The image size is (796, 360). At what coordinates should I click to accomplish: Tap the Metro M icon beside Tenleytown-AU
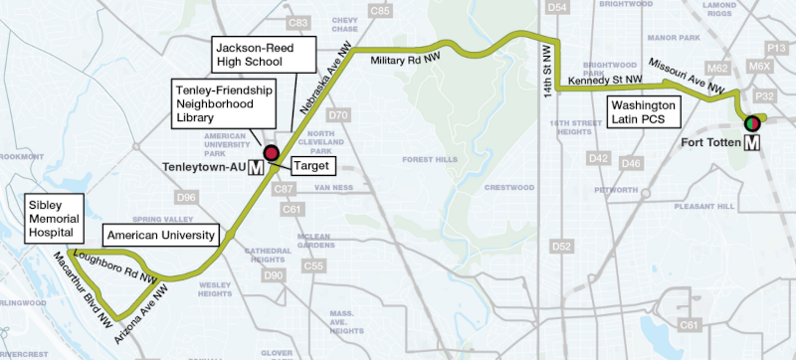[256, 167]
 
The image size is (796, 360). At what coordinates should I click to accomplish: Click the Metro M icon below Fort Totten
[752, 142]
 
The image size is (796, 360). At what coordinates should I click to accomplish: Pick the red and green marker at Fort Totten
[752, 122]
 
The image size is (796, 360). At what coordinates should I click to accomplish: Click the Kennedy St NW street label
[602, 80]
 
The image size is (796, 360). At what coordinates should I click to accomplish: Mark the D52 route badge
[562, 246]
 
